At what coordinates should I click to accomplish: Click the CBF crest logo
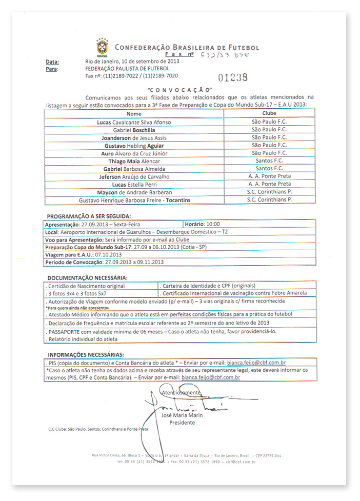[x=103, y=47]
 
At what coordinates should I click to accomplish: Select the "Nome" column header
[x=134, y=114]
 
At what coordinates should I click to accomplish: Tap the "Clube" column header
[x=269, y=114]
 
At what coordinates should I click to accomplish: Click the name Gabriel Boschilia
[x=134, y=130]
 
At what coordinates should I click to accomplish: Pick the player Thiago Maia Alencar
[x=134, y=161]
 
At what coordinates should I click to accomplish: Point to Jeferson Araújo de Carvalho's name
[x=134, y=176]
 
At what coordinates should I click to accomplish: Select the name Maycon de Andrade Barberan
[x=134, y=192]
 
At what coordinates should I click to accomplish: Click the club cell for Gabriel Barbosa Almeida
[x=269, y=169]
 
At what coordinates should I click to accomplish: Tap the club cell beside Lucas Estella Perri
[x=269, y=184]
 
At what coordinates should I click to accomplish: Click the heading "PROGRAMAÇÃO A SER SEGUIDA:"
[x=89, y=216]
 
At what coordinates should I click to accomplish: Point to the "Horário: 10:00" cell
[x=206, y=225]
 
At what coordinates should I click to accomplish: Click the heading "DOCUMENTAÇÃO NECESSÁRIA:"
[x=87, y=277]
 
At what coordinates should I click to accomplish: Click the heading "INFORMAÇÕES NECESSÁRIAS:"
[x=86, y=355]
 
